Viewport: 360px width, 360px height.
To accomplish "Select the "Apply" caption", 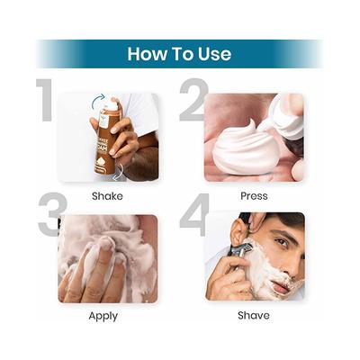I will (x=103, y=315).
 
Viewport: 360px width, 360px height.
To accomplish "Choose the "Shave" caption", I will (x=253, y=315).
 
